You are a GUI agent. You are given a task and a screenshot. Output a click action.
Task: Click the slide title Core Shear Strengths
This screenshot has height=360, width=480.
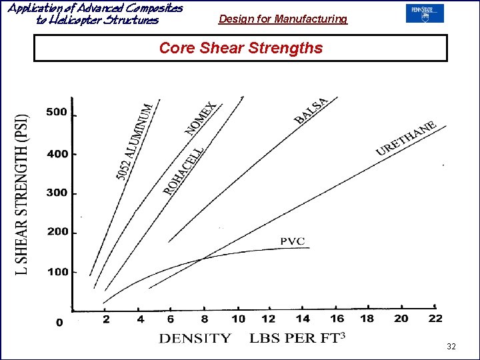241,48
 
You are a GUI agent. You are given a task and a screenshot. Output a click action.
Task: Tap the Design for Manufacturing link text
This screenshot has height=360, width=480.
283,19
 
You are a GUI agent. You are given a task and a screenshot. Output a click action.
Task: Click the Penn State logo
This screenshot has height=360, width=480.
424,13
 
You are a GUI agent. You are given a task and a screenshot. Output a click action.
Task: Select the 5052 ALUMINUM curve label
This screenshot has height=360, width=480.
135,139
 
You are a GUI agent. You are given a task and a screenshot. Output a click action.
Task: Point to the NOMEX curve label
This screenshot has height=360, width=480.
201,119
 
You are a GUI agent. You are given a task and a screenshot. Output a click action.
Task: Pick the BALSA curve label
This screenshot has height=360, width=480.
311,111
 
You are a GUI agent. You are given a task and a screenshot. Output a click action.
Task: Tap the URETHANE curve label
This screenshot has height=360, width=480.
406,138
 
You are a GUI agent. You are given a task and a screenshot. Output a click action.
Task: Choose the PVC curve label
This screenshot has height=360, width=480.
292,241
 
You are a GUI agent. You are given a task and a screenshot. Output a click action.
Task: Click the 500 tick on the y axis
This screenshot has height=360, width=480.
57,112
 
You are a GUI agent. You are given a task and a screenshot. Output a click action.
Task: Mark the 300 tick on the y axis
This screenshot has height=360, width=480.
57,193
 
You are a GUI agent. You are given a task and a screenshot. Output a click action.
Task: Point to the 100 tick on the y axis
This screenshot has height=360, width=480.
57,272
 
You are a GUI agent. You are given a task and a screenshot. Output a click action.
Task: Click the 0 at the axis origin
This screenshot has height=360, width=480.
59,323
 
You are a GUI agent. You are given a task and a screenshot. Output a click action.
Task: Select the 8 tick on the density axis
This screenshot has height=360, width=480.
205,319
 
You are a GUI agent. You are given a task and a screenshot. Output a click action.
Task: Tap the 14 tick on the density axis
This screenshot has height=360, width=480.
302,319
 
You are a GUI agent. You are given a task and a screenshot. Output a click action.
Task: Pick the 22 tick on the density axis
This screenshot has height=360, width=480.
435,319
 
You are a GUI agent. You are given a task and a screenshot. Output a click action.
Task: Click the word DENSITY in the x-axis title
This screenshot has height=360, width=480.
195,338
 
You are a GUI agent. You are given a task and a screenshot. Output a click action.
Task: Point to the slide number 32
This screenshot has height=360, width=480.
451,346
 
